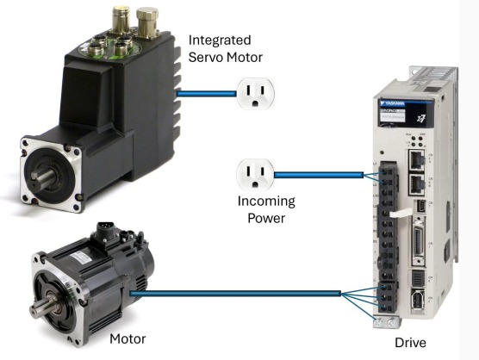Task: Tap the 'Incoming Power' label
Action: click(x=266, y=208)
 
